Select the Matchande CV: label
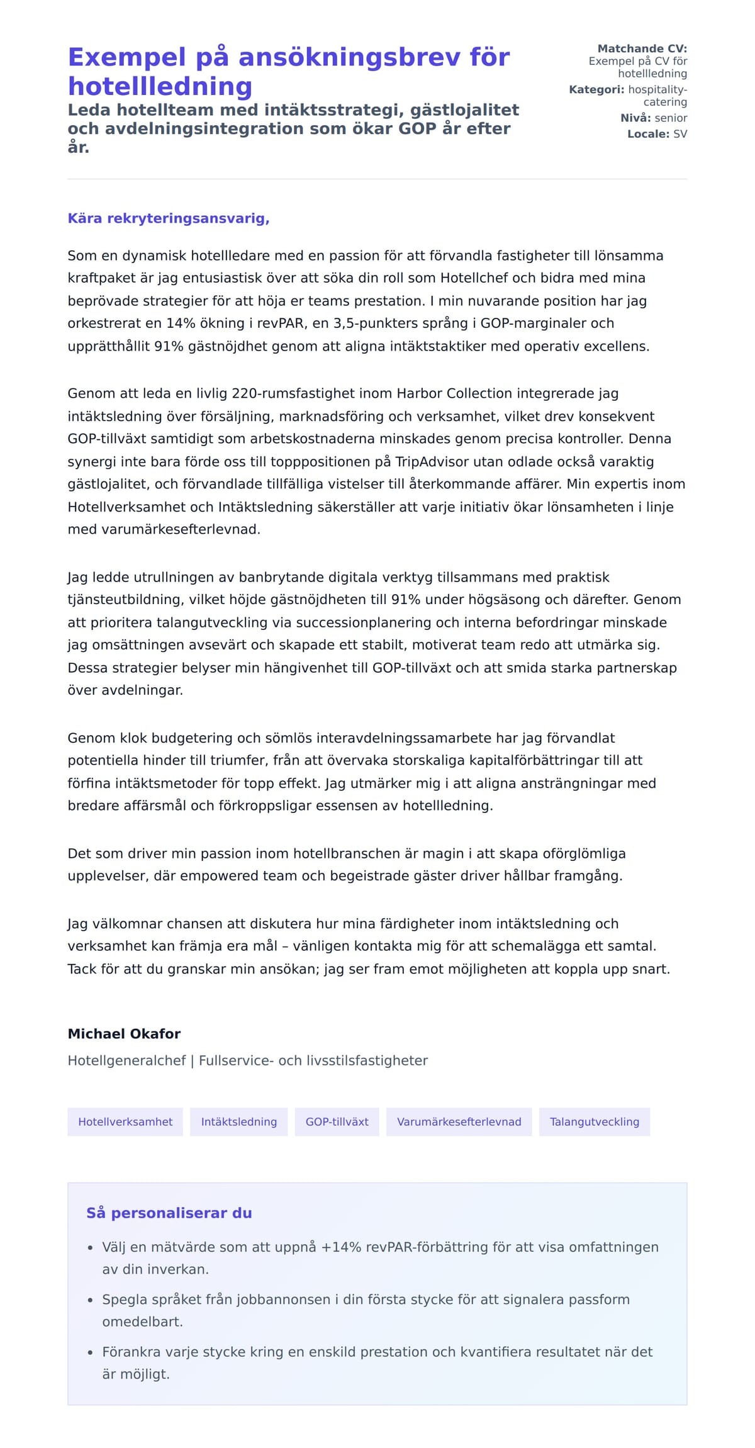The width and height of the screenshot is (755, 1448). pos(642,48)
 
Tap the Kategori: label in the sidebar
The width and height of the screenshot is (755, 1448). pos(596,89)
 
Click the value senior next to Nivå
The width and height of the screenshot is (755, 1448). pos(671,118)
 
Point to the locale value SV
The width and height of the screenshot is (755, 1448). pos(680,134)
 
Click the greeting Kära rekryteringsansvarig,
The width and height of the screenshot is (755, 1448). pos(169,218)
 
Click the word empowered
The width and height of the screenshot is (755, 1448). pos(216,876)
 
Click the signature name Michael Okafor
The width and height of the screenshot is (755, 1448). pos(124,1034)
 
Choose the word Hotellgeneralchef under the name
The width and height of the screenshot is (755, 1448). pos(126,1061)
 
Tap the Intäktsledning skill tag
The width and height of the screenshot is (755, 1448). pos(238,1122)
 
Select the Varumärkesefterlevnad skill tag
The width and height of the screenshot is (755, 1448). pos(459,1122)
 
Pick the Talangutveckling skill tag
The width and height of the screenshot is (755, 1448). pos(594,1122)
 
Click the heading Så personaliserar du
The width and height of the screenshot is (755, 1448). pos(169,1213)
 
